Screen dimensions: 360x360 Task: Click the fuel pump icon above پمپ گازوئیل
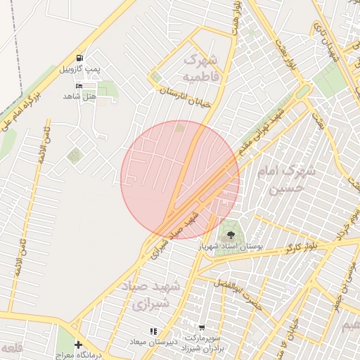click(79, 58)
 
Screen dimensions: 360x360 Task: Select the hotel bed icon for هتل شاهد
click(79, 85)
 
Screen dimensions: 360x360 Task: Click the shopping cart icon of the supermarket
click(202, 328)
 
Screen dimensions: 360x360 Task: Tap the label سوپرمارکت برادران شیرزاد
click(202, 344)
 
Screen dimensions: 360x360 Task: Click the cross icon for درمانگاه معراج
click(79, 345)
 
